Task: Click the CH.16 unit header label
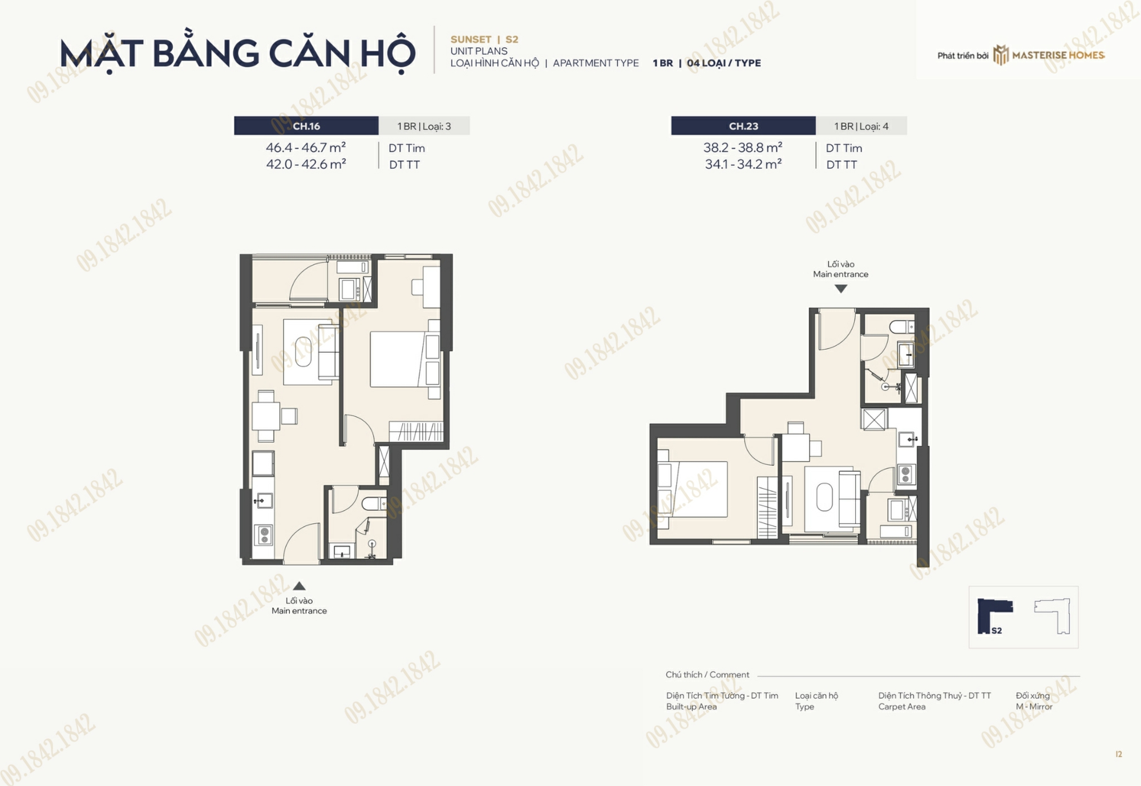tap(306, 126)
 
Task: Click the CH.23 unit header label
tap(743, 126)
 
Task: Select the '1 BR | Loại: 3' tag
tap(424, 126)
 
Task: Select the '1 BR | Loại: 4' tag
tap(861, 126)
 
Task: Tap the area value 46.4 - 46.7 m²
tap(306, 147)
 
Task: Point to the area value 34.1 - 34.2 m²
tap(743, 164)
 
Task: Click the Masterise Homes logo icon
tap(1001, 55)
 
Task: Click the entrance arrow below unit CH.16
tap(299, 586)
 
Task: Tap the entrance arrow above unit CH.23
tap(841, 289)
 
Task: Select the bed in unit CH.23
tap(693, 489)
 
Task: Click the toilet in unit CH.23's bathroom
tap(902, 327)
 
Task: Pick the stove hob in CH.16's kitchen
tap(265, 535)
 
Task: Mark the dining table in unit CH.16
tap(266, 416)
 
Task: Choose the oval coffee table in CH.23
tap(824, 497)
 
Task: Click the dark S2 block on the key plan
tap(992, 615)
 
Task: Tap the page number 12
tap(1119, 754)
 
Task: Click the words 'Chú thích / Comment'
tap(707, 675)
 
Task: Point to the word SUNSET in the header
tap(471, 39)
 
